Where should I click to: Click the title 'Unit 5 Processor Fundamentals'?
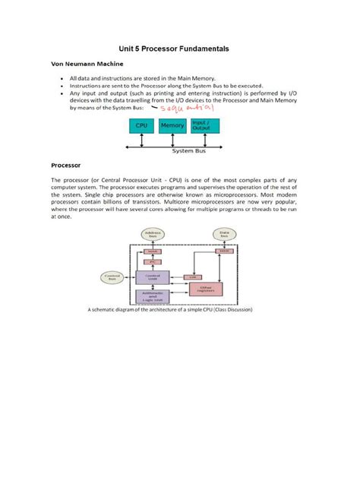pyautogui.click(x=179, y=49)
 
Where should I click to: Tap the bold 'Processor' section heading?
pyautogui.click(x=66, y=164)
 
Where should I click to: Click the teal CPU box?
pyautogui.click(x=141, y=125)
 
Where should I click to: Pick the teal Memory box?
pyautogui.click(x=172, y=125)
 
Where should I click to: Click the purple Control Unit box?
pyautogui.click(x=152, y=278)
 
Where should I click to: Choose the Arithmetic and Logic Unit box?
pyautogui.click(x=152, y=297)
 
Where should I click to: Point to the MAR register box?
pyautogui.click(x=152, y=251)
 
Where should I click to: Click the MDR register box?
pyautogui.click(x=223, y=251)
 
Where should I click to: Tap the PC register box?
pyautogui.click(x=152, y=261)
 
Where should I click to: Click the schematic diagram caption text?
pyautogui.click(x=180, y=310)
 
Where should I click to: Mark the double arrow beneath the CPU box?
pyautogui.click(x=141, y=139)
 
